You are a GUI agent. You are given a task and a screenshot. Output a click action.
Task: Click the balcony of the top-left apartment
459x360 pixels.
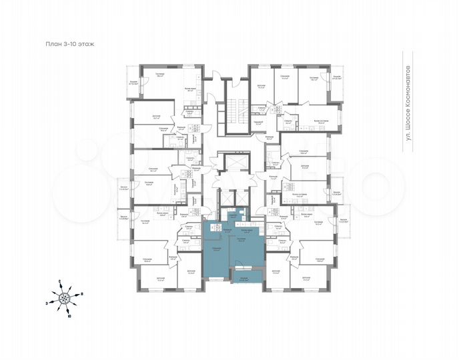click(x=133, y=83)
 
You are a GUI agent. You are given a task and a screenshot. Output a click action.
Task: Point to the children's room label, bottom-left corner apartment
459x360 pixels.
click(x=161, y=279)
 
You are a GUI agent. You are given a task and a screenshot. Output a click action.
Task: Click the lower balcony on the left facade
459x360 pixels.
click(x=123, y=221)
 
